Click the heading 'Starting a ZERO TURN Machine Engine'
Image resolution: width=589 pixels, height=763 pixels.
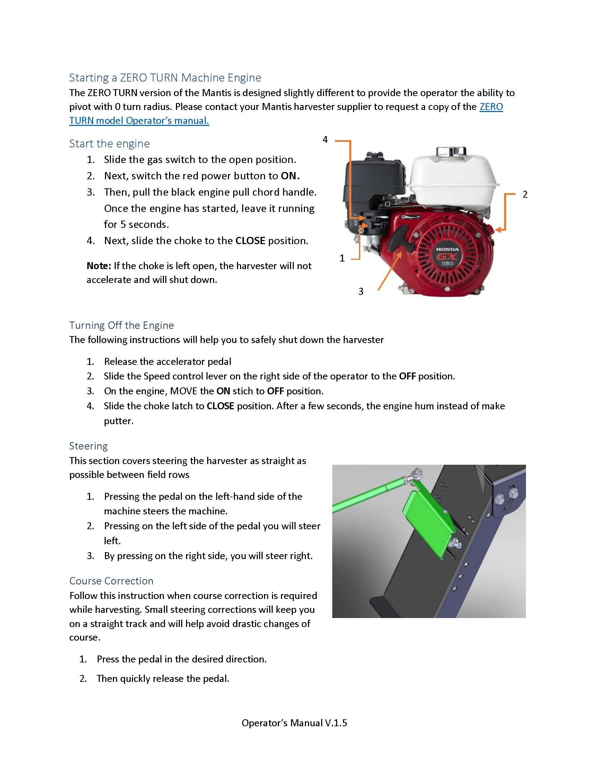[x=165, y=78]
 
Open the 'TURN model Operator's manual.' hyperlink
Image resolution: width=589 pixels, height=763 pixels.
[x=139, y=121]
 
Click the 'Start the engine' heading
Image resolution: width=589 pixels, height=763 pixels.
[x=109, y=144]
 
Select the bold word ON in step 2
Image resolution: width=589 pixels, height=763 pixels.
[x=289, y=176]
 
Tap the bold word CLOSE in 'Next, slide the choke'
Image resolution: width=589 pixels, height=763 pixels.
[x=250, y=241]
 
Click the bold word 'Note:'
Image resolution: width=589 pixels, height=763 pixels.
[x=99, y=266]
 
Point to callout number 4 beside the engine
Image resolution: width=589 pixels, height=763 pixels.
[x=325, y=140]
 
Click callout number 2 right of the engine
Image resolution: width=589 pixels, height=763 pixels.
[x=525, y=195]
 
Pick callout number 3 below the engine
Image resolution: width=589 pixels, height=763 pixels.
[x=361, y=291]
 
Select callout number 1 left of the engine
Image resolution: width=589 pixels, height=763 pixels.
[x=342, y=258]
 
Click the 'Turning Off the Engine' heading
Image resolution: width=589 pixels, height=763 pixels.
[x=121, y=325]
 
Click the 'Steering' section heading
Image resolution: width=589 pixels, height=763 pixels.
[x=88, y=446]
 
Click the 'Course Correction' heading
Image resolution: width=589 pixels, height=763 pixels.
[x=111, y=581]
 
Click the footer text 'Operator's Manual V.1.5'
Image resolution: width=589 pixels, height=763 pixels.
[x=294, y=723]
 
